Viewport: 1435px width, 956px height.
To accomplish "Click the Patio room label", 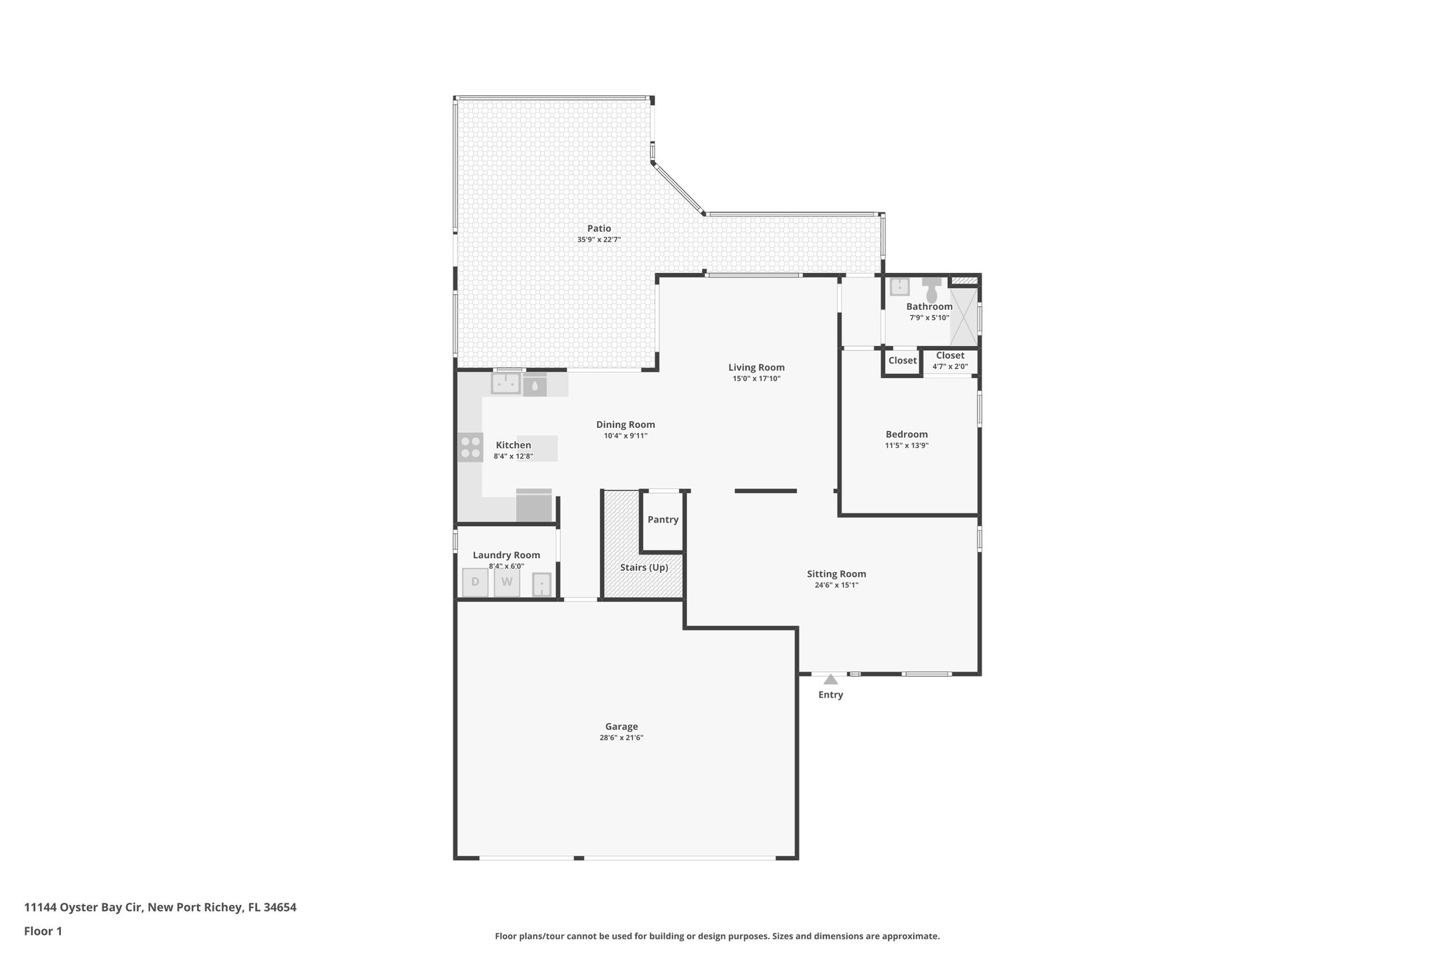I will [599, 228].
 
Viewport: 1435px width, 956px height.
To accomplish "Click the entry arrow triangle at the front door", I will [830, 679].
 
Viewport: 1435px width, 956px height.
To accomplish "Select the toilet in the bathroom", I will [931, 291].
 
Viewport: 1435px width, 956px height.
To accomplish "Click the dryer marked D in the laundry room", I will [475, 582].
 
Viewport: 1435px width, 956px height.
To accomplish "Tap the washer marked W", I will [507, 582].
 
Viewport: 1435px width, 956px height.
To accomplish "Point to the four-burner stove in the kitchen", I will [470, 447].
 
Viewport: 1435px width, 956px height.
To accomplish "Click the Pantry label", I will [662, 520].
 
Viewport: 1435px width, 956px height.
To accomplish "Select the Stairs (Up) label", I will [644, 567].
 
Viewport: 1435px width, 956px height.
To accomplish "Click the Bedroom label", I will [906, 434].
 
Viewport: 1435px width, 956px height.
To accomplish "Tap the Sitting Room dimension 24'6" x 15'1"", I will [836, 585].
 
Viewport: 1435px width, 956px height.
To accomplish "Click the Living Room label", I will [756, 368].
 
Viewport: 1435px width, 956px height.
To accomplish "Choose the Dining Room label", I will [625, 424].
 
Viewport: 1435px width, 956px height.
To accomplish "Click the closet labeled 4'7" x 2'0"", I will [949, 360].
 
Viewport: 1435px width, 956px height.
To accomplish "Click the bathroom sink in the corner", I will [899, 287].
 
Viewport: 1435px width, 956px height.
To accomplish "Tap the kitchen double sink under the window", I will [505, 384].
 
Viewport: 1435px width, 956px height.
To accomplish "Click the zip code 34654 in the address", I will [280, 907].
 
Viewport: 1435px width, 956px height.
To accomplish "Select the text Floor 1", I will [43, 931].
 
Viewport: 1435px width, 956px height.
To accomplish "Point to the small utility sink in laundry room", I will [542, 584].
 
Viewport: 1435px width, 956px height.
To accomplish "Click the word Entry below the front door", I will [830, 695].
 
